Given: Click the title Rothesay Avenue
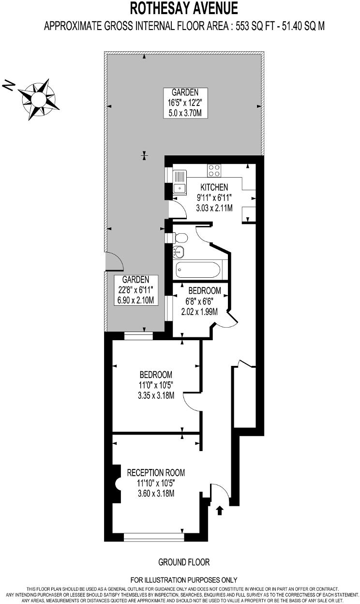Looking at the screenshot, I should (x=184, y=8).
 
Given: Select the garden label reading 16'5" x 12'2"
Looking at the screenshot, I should (x=184, y=103).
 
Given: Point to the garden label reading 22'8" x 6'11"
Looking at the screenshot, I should (x=135, y=290).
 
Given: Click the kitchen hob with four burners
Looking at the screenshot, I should (x=214, y=170).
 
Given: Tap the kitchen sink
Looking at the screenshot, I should (x=180, y=182).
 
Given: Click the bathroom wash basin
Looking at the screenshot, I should (x=178, y=252).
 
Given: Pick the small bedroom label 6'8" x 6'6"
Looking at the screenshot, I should (x=204, y=301).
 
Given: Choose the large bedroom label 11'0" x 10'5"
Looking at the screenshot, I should (x=156, y=385).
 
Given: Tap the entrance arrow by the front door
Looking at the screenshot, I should (x=220, y=510).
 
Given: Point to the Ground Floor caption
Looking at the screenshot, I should (x=184, y=562).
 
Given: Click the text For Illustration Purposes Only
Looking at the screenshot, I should (x=184, y=579).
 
